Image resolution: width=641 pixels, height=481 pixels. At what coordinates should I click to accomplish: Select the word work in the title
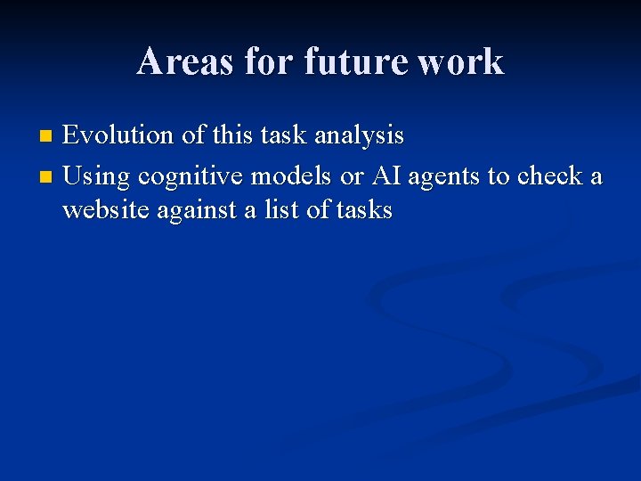461,61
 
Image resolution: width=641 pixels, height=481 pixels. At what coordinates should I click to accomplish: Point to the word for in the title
270,61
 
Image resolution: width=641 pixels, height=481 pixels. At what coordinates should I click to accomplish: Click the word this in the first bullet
233,135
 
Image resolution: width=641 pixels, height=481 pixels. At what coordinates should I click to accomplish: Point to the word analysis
359,137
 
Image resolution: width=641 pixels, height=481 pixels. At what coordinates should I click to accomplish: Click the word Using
95,177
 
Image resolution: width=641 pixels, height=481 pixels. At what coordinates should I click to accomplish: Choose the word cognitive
190,177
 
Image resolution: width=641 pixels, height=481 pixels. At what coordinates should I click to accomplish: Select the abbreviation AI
385,175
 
